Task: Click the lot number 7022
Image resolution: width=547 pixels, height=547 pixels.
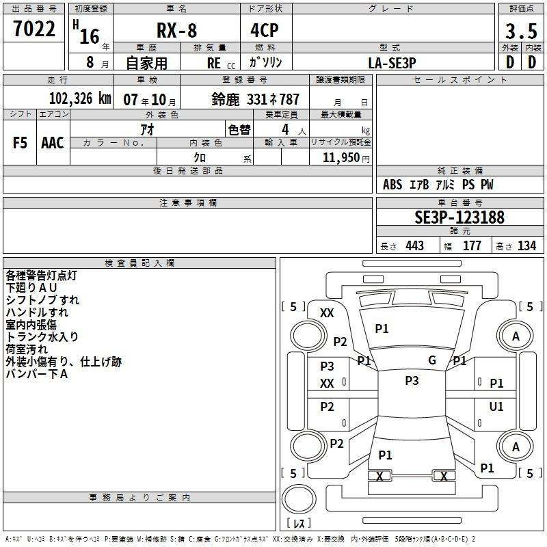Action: tap(34, 29)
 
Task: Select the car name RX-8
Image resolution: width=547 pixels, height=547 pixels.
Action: tap(177, 30)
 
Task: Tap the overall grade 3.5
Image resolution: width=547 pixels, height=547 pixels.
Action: tap(521, 31)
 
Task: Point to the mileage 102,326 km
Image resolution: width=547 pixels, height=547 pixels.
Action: tap(80, 98)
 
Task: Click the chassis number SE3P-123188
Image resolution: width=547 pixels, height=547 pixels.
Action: tap(459, 217)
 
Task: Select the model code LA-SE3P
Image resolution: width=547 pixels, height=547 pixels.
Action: tap(392, 63)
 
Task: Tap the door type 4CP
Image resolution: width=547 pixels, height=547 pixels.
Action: tap(265, 30)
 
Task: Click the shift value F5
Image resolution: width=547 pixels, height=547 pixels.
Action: tap(20, 143)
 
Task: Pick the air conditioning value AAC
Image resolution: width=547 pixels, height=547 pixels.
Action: tap(53, 143)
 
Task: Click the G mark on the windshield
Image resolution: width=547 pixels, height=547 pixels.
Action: tap(432, 360)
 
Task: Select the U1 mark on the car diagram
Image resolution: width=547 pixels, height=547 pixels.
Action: tap(496, 406)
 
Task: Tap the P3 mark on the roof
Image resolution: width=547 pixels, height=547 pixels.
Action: tap(412, 380)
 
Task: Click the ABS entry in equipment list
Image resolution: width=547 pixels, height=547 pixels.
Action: tap(392, 185)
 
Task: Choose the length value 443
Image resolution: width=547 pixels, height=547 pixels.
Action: tap(415, 245)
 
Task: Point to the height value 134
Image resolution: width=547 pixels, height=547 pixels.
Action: tap(526, 245)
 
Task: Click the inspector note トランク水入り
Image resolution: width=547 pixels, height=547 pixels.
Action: tap(42, 336)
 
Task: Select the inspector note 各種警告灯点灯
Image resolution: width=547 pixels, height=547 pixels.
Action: tap(41, 276)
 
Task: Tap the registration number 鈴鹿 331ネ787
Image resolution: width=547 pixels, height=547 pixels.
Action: tap(255, 99)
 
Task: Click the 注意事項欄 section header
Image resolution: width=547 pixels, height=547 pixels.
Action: tap(188, 202)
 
